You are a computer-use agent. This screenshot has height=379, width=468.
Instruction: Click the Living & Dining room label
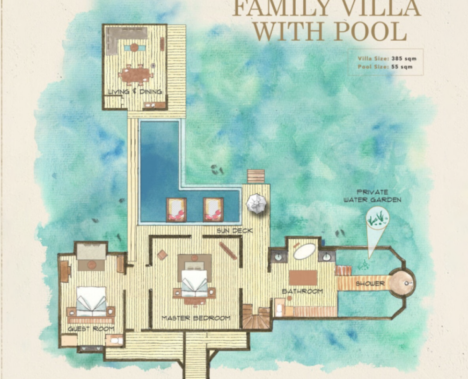coord(135,91)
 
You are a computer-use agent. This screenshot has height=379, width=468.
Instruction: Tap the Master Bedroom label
coord(196,318)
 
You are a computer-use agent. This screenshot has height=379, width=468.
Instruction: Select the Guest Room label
coord(91,328)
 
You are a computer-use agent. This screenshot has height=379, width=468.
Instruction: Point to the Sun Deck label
coord(234,231)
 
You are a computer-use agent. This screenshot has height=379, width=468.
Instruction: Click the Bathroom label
coord(302,291)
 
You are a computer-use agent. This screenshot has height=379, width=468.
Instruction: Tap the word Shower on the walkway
coord(370,284)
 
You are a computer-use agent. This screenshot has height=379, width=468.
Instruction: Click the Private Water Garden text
coord(372,196)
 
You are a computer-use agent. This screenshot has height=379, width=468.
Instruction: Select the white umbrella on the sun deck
coord(256,204)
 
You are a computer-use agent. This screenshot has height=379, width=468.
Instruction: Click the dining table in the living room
coord(136,74)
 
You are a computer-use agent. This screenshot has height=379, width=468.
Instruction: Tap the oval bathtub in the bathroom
coord(305,252)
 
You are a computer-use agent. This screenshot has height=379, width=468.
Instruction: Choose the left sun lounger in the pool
coord(176,210)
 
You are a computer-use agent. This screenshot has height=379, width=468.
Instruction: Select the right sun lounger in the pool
coord(213,210)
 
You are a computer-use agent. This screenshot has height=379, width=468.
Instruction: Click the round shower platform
coord(402,283)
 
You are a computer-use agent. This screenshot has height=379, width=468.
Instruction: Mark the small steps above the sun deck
coord(256,176)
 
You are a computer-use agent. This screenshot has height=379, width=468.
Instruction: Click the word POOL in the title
coord(370,30)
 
